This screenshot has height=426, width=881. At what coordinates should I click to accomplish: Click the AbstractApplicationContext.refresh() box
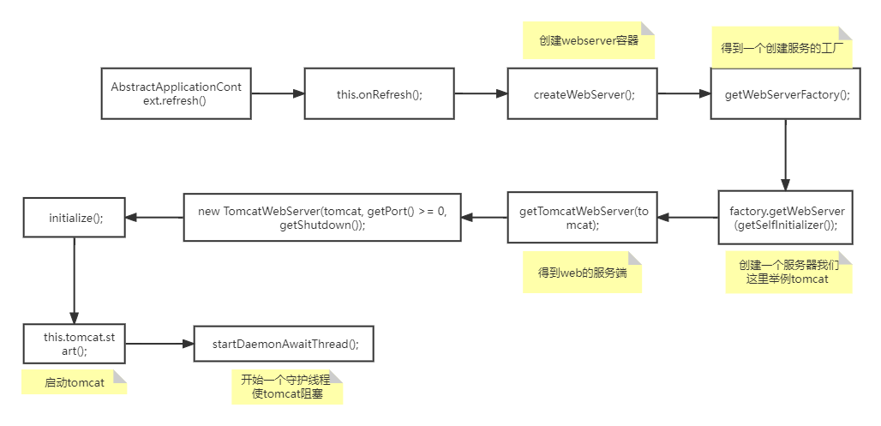click(x=176, y=93)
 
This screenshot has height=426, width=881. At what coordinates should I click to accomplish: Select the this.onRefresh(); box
click(x=379, y=94)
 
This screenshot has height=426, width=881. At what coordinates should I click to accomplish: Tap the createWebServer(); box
click(x=583, y=94)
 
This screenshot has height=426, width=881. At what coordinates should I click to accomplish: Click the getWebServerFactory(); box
click(x=787, y=94)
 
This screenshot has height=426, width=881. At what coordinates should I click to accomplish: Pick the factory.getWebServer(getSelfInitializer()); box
click(x=787, y=217)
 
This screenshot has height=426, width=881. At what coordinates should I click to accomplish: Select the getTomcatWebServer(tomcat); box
click(x=583, y=217)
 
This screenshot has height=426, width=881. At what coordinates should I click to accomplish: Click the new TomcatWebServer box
click(x=321, y=217)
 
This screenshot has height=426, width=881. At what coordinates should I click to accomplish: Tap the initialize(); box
click(x=75, y=218)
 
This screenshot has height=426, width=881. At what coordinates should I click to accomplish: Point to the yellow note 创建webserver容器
click(x=588, y=40)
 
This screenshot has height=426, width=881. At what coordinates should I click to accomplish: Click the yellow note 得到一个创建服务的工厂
click(x=781, y=48)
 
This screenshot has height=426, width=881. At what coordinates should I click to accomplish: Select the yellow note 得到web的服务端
click(x=582, y=273)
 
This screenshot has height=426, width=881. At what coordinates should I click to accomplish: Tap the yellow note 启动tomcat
click(x=75, y=382)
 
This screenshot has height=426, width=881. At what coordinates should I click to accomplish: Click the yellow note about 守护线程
click(x=286, y=387)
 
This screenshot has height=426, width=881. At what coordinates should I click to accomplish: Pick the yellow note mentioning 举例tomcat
click(x=788, y=272)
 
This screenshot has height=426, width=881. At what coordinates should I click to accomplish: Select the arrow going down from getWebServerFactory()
click(x=785, y=154)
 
